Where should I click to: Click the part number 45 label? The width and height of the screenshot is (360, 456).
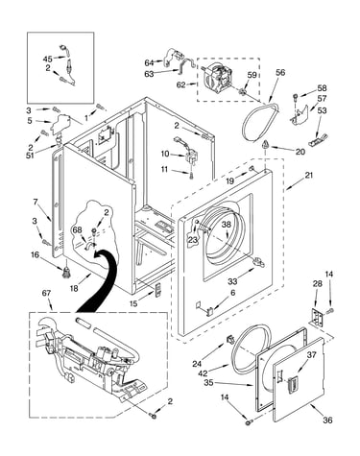pos(47,60)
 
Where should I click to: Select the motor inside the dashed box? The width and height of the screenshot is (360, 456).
pos(219,78)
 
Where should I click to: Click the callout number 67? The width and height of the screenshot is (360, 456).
pos(46,293)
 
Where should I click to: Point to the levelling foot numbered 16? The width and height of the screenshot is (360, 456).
pos(66,272)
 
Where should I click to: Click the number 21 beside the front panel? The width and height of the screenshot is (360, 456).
pos(309,175)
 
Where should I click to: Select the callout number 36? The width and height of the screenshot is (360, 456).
pos(327,420)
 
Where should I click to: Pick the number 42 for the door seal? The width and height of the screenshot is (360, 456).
pos(203,372)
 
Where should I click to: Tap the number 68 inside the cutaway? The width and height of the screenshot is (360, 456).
pos(78,230)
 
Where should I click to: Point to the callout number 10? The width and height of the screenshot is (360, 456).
pos(165,154)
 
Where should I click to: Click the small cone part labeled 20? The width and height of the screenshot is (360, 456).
pos(265,145)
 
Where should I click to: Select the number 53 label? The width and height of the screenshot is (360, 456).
pos(322,110)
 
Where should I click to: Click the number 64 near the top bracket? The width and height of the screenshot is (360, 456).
pos(149,62)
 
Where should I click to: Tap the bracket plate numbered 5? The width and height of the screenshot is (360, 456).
pos(60,123)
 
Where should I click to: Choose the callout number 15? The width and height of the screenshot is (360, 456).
pos(133,303)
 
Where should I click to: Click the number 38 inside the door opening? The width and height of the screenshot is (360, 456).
pos(226,225)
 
